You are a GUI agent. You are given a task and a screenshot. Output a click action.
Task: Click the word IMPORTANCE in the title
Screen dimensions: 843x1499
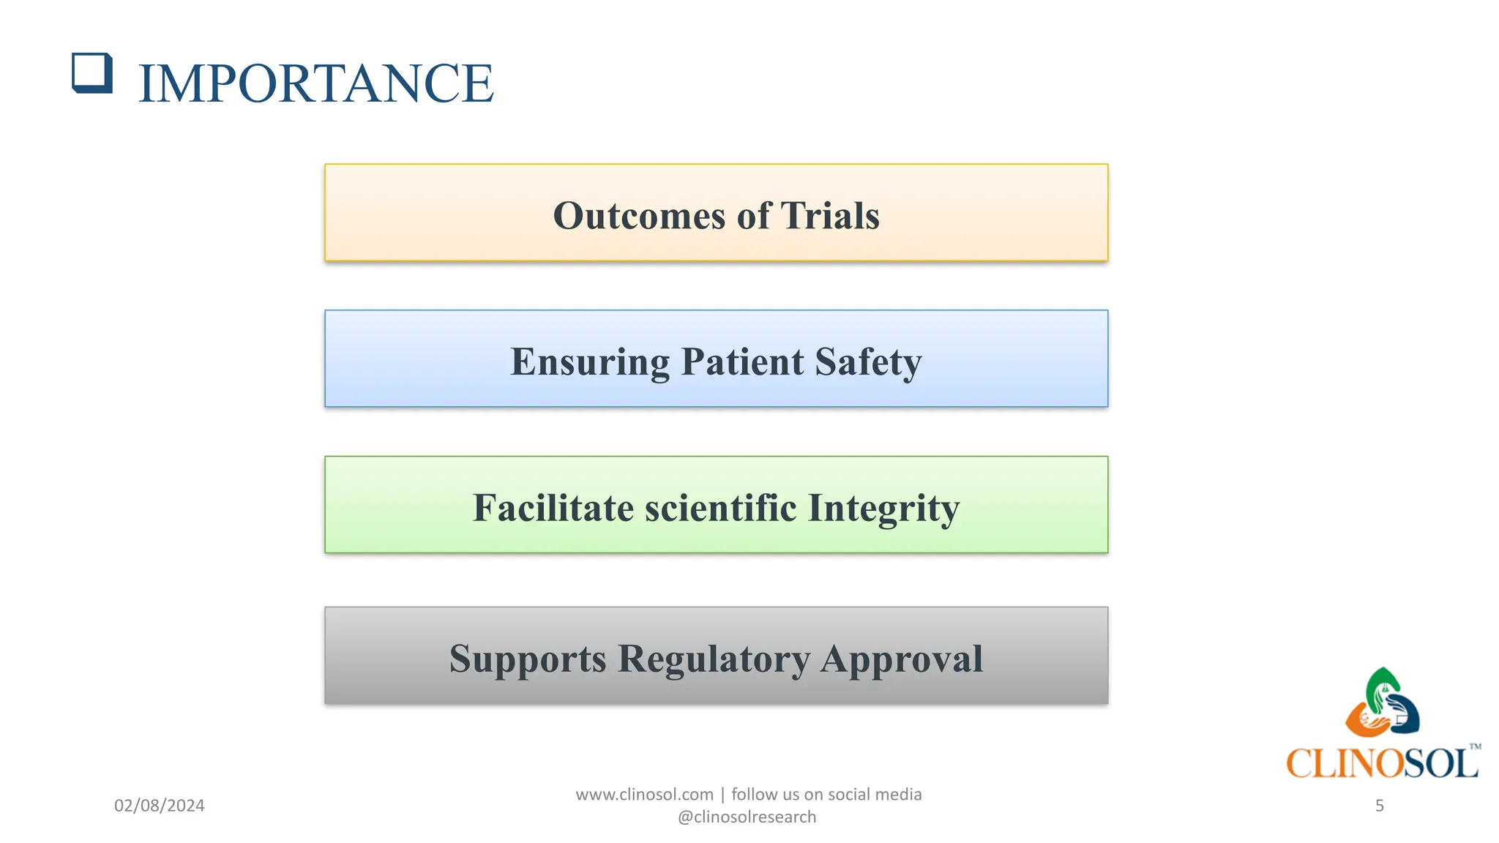point(315,83)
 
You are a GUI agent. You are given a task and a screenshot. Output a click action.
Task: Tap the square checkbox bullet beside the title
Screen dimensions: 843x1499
point(92,73)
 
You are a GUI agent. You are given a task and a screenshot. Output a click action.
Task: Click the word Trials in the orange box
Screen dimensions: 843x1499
point(830,216)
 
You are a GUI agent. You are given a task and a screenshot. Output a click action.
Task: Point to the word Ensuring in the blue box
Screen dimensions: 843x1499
point(590,362)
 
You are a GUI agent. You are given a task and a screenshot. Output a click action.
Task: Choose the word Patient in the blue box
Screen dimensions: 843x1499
point(742,362)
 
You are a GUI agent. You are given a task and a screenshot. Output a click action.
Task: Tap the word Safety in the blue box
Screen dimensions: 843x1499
point(868,362)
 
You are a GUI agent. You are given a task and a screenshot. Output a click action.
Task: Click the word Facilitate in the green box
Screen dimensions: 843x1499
point(553,508)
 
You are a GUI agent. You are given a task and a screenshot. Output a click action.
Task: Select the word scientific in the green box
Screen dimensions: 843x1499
point(720,508)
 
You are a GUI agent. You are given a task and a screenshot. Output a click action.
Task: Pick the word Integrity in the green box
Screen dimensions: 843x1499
point(883,508)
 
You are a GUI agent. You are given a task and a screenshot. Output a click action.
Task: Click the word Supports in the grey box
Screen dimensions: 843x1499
point(528,659)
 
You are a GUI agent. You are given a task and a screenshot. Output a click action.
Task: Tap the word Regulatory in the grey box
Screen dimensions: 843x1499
point(714,659)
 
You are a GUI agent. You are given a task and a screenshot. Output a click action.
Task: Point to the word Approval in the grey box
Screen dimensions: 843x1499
point(902,659)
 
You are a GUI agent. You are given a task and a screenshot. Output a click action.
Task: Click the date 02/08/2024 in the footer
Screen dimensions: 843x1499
point(160,806)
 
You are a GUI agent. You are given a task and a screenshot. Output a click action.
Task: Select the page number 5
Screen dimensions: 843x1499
point(1379,806)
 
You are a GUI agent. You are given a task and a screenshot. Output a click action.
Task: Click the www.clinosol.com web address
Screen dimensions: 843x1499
point(644,795)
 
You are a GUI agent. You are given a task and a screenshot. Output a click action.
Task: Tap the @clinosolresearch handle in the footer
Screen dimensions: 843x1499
point(747,817)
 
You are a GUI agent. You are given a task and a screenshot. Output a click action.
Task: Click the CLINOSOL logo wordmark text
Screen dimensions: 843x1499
point(1381,763)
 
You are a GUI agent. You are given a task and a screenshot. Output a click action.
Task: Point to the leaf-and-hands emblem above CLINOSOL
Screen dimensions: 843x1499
point(1382,703)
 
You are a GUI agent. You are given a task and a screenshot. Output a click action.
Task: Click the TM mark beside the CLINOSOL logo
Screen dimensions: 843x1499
point(1475,747)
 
